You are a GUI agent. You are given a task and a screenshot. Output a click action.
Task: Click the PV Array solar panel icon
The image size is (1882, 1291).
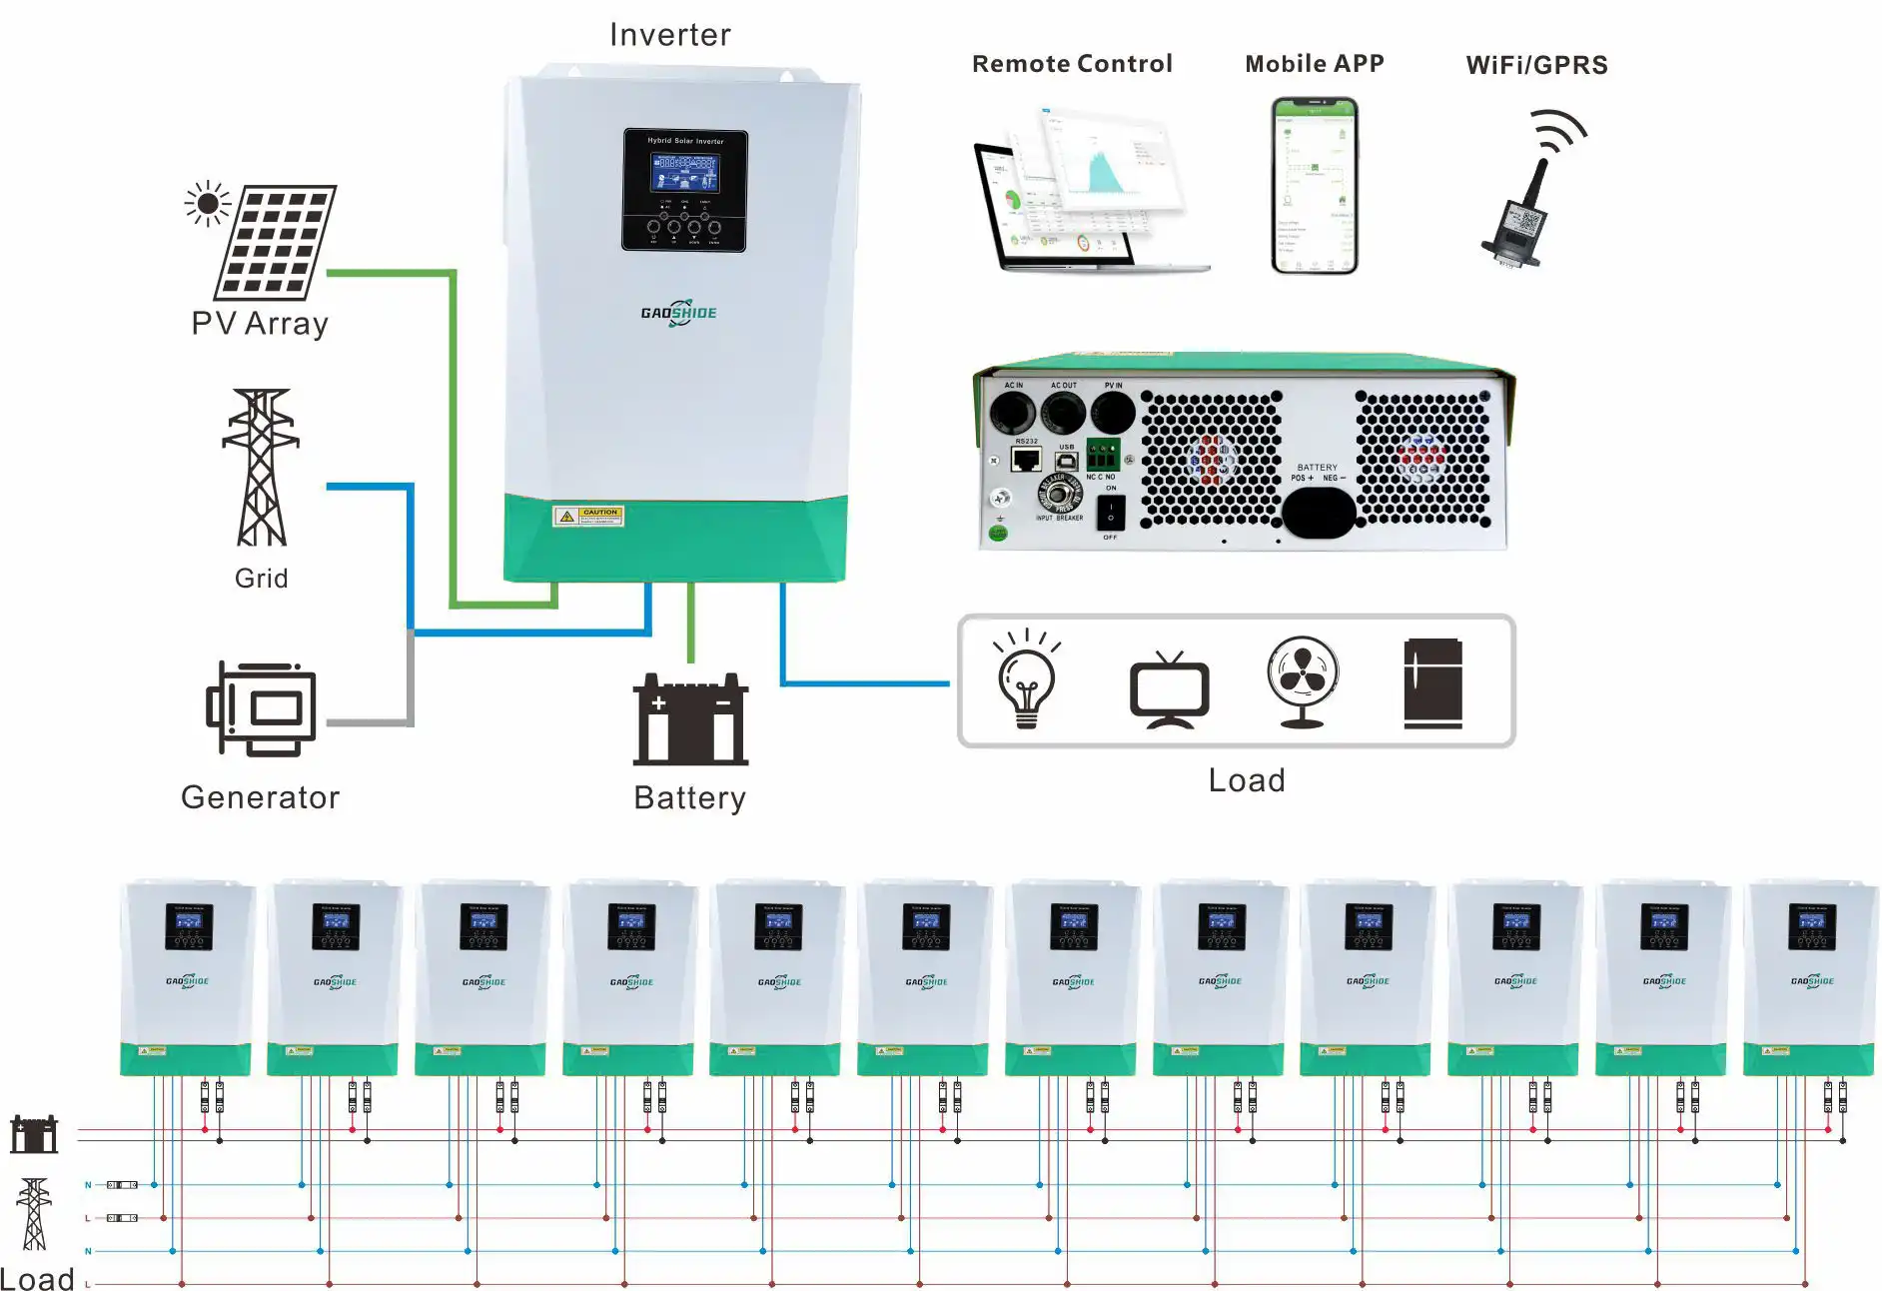click(x=274, y=242)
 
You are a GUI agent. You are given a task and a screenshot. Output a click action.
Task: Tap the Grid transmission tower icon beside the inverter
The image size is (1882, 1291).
click(x=261, y=468)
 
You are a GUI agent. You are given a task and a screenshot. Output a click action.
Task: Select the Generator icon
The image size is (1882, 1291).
click(x=262, y=708)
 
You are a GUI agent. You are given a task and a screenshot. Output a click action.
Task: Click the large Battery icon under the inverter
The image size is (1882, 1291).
click(x=690, y=719)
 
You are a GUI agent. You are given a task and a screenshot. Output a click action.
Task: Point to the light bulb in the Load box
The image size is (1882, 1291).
click(x=1026, y=682)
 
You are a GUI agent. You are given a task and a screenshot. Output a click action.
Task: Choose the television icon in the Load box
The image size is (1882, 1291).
click(x=1169, y=689)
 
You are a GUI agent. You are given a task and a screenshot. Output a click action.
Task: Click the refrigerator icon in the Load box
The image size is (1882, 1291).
click(x=1432, y=683)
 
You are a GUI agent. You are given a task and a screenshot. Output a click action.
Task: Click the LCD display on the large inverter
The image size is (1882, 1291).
click(x=684, y=174)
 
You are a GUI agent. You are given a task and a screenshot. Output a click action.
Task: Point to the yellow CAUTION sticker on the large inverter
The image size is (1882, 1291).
click(x=589, y=516)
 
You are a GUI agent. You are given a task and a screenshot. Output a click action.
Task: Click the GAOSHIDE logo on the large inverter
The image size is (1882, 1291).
click(x=678, y=313)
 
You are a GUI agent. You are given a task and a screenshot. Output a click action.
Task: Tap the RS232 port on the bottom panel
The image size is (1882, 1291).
click(x=1026, y=459)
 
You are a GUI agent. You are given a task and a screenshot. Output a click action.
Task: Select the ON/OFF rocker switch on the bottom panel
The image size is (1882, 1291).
click(x=1110, y=514)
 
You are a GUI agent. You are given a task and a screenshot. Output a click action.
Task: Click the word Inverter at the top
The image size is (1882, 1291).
click(x=670, y=35)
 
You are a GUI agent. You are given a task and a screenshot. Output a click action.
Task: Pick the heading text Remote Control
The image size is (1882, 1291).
click(x=1072, y=64)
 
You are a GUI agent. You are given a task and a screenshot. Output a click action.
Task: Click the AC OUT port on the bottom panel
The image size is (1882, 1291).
click(x=1063, y=411)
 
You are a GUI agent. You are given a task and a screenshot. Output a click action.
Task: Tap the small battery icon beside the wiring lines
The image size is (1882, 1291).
click(x=34, y=1134)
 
